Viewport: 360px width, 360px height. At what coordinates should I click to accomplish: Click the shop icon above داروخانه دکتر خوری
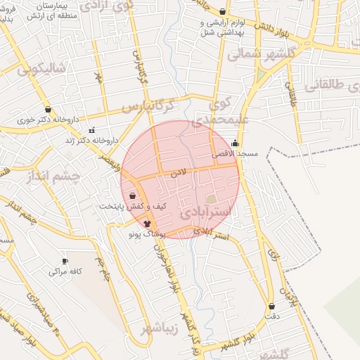pos(48,110)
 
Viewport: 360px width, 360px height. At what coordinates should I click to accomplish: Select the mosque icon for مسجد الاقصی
pos(235,143)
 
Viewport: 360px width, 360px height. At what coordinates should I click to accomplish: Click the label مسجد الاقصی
pos(238,153)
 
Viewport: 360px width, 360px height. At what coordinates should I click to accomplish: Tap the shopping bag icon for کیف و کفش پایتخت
pos(132,196)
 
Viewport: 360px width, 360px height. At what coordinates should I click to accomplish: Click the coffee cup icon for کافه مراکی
pos(65,261)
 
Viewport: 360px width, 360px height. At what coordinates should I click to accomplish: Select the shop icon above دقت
pos(272,306)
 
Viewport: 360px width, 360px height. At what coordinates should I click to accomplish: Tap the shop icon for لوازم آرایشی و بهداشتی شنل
pos(223,11)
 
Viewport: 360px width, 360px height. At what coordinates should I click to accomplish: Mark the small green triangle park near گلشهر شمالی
pos(262,75)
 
